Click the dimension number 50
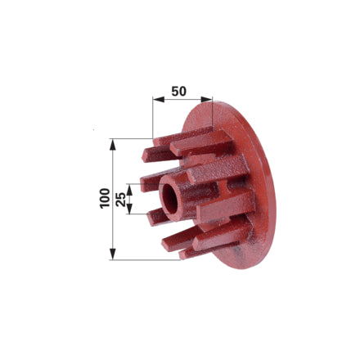[179, 92]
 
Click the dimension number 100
[105, 199]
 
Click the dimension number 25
[120, 199]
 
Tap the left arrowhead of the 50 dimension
[159, 100]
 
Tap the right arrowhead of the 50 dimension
[206, 100]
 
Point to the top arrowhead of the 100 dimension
[112, 144]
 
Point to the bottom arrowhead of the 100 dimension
[112, 254]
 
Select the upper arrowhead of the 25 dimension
[129, 190]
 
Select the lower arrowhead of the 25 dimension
[129, 209]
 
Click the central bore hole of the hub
[170, 198]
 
